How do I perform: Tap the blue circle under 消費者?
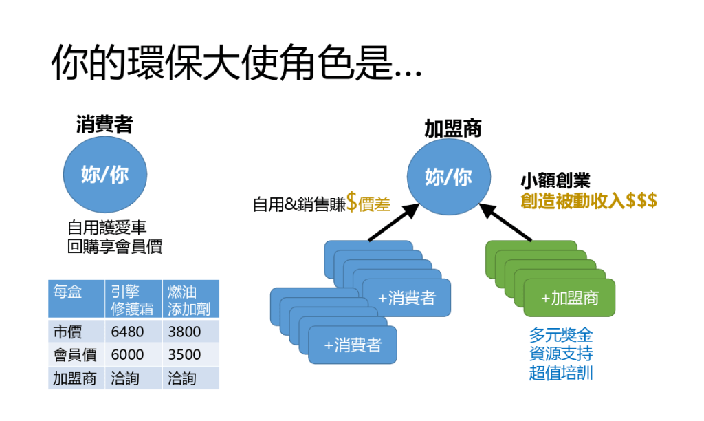[104, 175]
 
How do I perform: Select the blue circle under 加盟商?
[448, 177]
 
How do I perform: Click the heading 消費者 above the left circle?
[104, 125]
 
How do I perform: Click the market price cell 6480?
[127, 332]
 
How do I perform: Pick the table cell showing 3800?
[184, 332]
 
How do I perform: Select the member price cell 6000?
[127, 355]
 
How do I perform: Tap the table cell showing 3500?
[184, 355]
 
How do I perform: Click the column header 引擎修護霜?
[133, 299]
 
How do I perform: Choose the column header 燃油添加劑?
[188, 299]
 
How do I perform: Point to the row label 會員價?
[76, 355]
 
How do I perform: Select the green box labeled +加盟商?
[569, 298]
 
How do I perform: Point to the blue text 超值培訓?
[560, 373]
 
